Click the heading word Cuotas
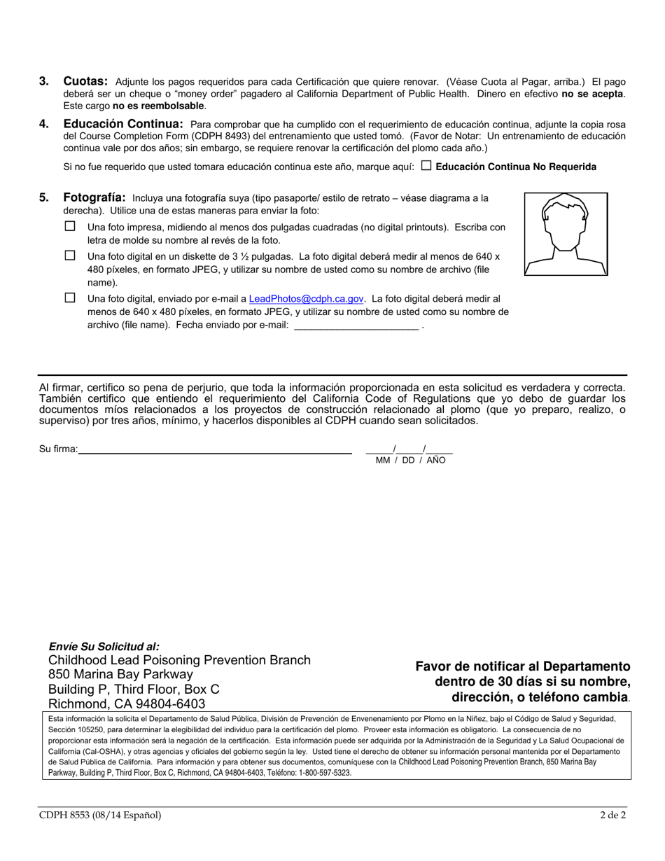pyautogui.click(x=85, y=81)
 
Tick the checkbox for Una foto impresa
pyautogui.click(x=70, y=227)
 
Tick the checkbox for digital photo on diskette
pyautogui.click(x=70, y=255)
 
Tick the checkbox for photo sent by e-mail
pyautogui.click(x=70, y=298)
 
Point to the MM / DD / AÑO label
pyautogui.click(x=410, y=461)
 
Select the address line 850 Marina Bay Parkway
pyautogui.click(x=120, y=675)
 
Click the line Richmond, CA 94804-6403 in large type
pyautogui.click(x=127, y=703)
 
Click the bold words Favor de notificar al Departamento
pyautogui.click(x=522, y=666)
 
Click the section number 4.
pyautogui.click(x=44, y=124)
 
